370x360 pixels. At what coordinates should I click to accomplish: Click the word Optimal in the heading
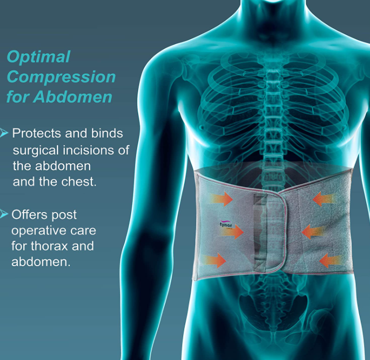click(x=38, y=57)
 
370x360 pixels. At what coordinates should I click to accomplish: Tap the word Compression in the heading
click(x=61, y=77)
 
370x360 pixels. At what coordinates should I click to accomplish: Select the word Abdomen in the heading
click(x=73, y=97)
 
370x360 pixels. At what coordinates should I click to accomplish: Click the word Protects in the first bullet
click(x=37, y=133)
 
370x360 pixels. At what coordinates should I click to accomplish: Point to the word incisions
click(x=88, y=150)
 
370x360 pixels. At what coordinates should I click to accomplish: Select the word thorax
click(x=49, y=246)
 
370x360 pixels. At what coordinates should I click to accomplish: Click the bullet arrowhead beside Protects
click(x=4, y=133)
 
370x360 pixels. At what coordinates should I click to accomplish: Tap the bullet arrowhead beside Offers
click(x=4, y=214)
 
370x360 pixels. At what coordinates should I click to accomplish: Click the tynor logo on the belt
click(x=226, y=224)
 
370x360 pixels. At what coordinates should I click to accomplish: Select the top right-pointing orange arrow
click(x=220, y=198)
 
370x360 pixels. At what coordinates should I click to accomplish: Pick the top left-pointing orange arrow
click(x=324, y=198)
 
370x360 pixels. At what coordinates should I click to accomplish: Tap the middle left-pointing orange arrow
click(x=313, y=232)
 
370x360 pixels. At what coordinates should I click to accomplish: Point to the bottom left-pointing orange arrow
click(x=330, y=261)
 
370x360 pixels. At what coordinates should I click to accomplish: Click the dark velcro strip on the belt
click(x=259, y=232)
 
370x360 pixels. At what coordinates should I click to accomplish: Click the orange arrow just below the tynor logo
click(x=232, y=232)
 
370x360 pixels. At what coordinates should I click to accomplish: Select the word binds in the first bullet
click(x=107, y=133)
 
